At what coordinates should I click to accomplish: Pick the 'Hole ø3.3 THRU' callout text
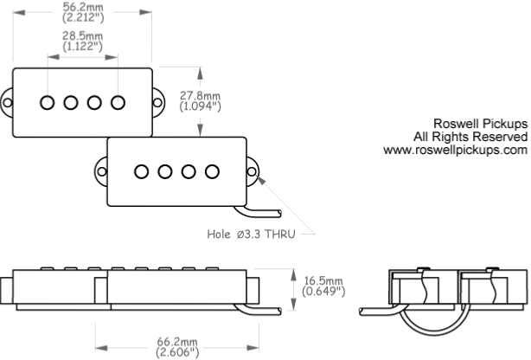251,234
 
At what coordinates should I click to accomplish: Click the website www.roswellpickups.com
455,150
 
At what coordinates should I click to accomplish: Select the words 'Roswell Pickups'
480,124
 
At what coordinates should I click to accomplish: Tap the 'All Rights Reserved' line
470,137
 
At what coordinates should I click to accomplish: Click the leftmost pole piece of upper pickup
47,102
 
